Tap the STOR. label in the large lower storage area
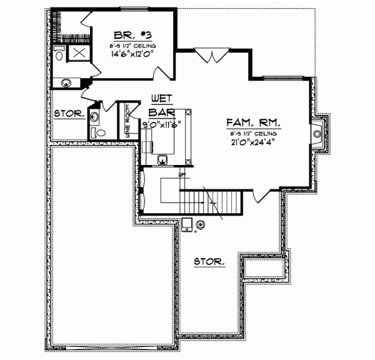click(x=209, y=261)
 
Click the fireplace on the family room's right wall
click(x=318, y=134)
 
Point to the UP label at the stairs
click(x=182, y=174)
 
